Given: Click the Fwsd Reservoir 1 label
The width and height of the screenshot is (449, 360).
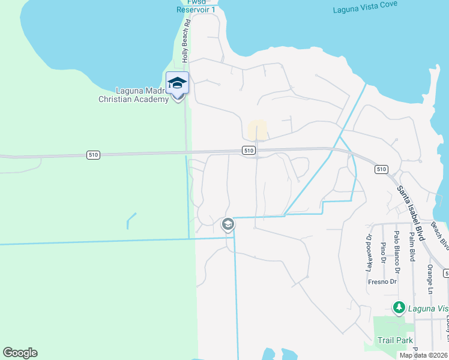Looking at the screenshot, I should [196, 6].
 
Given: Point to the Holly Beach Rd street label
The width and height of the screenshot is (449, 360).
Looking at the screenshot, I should [187, 41].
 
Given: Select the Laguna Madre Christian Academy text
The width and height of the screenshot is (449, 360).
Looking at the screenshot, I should [133, 95].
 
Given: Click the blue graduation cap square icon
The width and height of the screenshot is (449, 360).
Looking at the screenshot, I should [177, 83].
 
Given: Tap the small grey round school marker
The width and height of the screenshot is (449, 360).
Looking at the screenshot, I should [228, 224].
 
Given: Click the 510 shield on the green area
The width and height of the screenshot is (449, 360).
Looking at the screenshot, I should [93, 155].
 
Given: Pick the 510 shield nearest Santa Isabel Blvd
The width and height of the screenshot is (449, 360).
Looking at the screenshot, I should [381, 169].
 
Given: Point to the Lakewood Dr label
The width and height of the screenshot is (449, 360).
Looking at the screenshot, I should [369, 248].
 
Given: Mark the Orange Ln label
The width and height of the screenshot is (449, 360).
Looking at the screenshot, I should [430, 278].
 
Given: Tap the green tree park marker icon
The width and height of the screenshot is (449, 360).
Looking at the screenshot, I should [399, 308].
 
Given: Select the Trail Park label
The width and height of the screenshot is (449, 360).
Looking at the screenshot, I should [395, 340].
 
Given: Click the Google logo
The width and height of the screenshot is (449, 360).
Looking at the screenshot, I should [20, 353].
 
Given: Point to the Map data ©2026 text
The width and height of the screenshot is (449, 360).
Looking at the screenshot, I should [423, 355].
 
